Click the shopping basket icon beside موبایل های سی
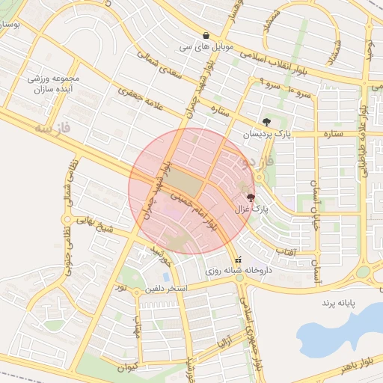[206, 35]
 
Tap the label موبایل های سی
[206, 46]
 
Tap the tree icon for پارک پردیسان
[266, 122]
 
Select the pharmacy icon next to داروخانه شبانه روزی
[239, 260]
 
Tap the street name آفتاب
[284, 252]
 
